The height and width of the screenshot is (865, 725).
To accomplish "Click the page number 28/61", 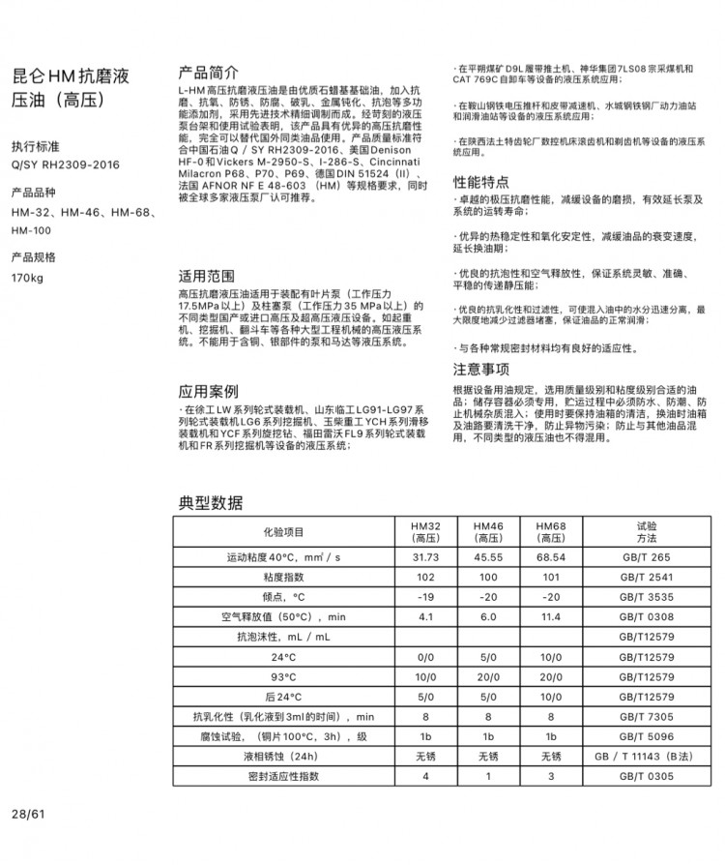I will click(x=28, y=813).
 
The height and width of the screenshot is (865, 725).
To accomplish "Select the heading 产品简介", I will click(x=209, y=73).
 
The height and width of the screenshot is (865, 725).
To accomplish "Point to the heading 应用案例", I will click(x=209, y=391).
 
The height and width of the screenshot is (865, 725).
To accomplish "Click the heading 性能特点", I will click(x=481, y=182).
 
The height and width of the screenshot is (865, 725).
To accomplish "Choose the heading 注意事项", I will click(x=481, y=369).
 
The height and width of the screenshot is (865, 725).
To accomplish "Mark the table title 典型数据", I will click(x=211, y=502).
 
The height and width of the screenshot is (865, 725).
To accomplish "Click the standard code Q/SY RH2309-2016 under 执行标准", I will click(x=66, y=164).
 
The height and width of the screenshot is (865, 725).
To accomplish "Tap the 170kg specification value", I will click(x=28, y=279).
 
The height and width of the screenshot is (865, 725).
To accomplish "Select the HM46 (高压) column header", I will click(x=488, y=531).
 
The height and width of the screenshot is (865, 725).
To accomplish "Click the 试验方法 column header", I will click(x=646, y=531).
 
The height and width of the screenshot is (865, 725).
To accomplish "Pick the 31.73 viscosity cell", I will click(x=425, y=557).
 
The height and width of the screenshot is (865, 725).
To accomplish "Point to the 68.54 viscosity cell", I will click(x=551, y=557).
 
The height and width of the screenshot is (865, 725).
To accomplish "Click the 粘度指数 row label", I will click(x=284, y=578).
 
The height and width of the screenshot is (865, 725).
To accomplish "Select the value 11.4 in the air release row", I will click(x=551, y=616).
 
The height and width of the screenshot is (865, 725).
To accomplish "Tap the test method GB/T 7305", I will click(x=646, y=717).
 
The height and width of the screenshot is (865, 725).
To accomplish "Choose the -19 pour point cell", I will click(x=425, y=597).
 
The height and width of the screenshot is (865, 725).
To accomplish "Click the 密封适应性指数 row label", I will click(x=284, y=776).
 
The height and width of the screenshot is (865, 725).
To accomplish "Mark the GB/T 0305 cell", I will click(x=646, y=776).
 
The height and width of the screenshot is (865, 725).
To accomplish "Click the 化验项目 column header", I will click(x=284, y=531).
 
